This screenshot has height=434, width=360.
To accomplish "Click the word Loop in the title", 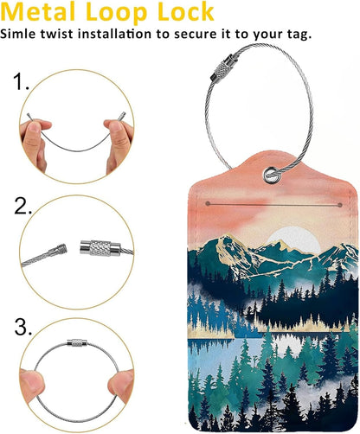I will (x=115, y=13).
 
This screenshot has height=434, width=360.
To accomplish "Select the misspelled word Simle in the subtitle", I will (x=19, y=34).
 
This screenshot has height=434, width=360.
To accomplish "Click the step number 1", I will (x=22, y=84).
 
